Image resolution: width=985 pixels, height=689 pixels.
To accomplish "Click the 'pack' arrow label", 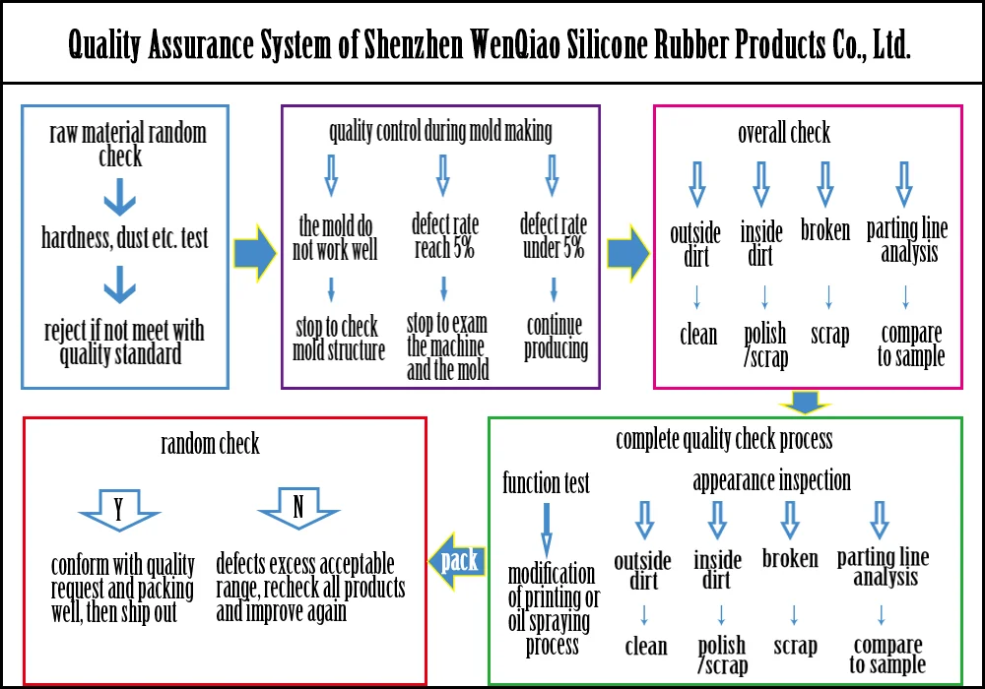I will [458, 561].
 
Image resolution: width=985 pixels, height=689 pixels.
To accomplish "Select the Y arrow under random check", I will [118, 510].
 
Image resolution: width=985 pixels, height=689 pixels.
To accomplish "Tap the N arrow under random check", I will [298, 510].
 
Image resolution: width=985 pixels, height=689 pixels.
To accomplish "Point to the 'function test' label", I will [546, 483].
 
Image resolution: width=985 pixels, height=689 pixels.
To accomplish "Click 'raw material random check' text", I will [127, 145].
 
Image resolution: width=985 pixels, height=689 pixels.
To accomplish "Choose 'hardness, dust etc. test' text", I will [125, 238].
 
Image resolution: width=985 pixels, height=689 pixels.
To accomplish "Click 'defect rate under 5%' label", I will [553, 237].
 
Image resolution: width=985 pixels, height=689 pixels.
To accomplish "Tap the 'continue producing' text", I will [556, 337].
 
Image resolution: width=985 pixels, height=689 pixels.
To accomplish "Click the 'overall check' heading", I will [784, 133].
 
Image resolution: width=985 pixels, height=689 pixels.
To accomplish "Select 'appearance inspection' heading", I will [771, 480].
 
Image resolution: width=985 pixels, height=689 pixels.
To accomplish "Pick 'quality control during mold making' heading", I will [440, 131].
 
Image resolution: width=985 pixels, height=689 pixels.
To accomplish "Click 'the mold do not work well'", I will [335, 238].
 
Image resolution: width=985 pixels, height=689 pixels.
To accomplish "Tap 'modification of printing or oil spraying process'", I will [552, 609].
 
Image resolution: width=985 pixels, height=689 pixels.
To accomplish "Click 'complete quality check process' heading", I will [724, 439].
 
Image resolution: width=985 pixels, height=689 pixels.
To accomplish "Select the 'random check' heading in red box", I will [210, 444].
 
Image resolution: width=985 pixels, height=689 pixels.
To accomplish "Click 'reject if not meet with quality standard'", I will [125, 341].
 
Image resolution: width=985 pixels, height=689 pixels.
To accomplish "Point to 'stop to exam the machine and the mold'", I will [446, 346].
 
